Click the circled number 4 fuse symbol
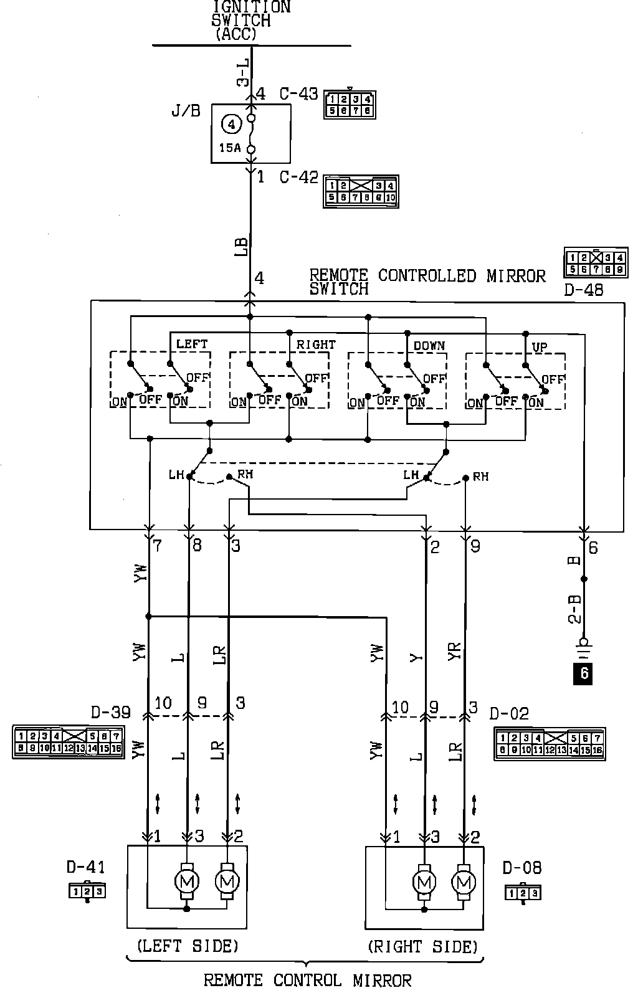[231, 124]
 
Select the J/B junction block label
[186, 112]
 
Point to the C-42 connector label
[298, 178]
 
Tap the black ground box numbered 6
[584, 673]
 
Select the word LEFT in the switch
[192, 344]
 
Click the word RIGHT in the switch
[315, 344]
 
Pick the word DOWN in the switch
[429, 345]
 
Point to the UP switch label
[539, 347]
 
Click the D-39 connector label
[111, 712]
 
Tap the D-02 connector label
[509, 713]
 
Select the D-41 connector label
[86, 867]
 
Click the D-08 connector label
[522, 867]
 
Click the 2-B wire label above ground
[575, 609]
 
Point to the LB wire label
[242, 247]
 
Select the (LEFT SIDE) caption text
[188, 946]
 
